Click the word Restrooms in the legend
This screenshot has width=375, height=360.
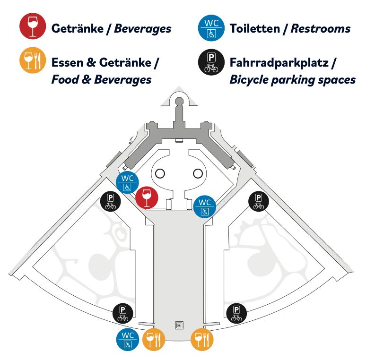pyautogui.click(x=321, y=29)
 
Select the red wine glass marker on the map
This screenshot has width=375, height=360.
pyautogui.click(x=147, y=197)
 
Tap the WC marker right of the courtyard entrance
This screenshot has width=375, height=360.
pyautogui.click(x=205, y=206)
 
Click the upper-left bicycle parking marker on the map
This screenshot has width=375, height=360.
pyautogui.click(x=111, y=202)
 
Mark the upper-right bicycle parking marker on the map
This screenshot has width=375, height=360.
pyautogui.click(x=259, y=202)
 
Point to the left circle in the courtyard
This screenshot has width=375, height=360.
pyautogui.click(x=160, y=173)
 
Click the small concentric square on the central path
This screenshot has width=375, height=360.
pyautogui.click(x=179, y=325)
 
